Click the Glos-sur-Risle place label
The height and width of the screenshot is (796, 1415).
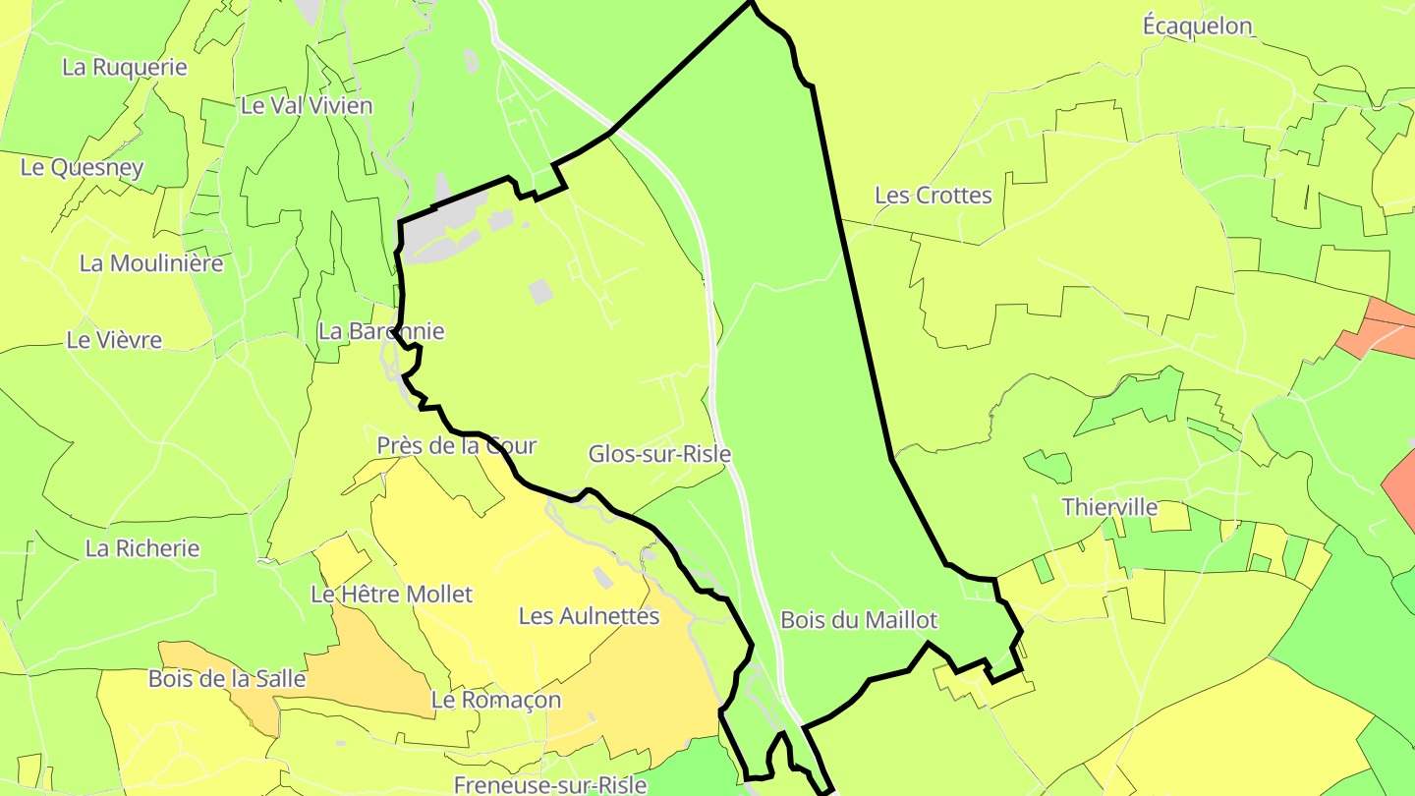(659, 454)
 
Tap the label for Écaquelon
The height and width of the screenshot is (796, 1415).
(1197, 27)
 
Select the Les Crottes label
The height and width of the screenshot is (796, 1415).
(933, 196)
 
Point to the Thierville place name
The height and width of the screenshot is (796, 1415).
(1109, 508)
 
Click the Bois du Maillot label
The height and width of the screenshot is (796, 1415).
(858, 620)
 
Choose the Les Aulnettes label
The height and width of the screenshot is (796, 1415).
(589, 616)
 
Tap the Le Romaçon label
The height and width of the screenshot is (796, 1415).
(496, 700)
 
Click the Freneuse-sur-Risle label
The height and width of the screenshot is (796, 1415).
(549, 784)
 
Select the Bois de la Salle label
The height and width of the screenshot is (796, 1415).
(227, 679)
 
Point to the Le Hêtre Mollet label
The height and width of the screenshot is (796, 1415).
(391, 595)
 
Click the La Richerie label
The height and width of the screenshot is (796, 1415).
(142, 548)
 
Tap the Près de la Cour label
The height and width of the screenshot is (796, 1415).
(457, 445)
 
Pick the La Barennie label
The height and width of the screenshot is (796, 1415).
(380, 331)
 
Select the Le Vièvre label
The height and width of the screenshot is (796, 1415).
(114, 340)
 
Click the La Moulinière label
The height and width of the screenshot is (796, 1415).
(151, 263)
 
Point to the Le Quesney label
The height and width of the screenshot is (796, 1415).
(83, 167)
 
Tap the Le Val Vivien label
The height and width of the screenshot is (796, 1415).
(307, 105)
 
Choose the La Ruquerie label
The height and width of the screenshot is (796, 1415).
(125, 67)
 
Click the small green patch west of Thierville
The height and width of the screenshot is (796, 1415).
(1048, 466)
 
